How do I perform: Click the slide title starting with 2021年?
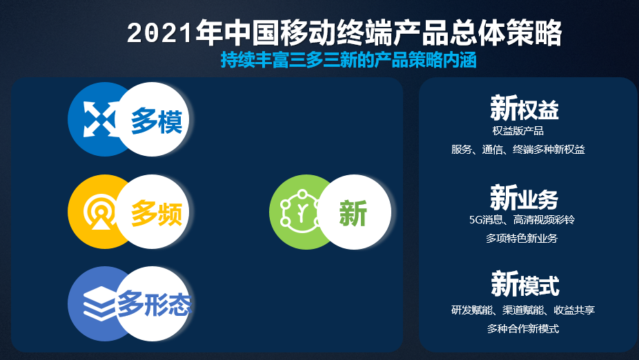pos(344,32)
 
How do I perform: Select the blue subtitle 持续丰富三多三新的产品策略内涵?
pos(349,60)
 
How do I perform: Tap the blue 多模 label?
pos(157,121)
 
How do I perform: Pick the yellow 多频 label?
pos(157,213)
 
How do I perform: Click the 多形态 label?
pos(154,304)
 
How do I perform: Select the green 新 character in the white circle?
pos(353,213)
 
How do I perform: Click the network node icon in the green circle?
pos(301,212)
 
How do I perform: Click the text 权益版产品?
pos(518,131)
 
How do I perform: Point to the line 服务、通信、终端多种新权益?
pos(518,150)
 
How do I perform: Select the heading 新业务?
pos(524,197)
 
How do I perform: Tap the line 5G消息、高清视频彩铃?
pos(522,220)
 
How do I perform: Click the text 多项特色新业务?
pos(522,238)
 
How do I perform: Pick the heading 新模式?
pos(525,284)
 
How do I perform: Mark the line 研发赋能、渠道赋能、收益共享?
pos(523,310)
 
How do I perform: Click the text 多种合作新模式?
pos(523,329)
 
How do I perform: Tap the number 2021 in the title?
pos(159,33)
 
